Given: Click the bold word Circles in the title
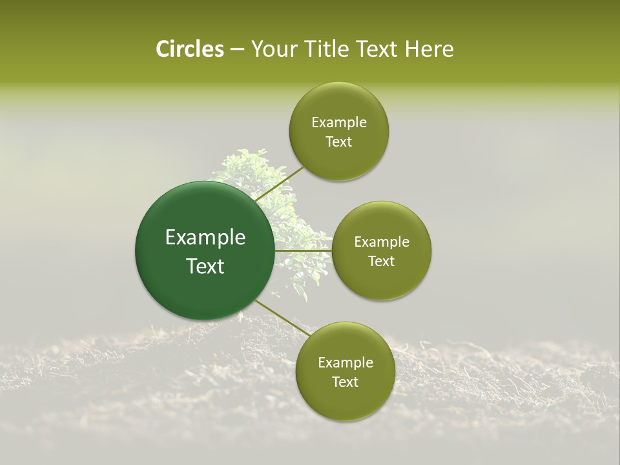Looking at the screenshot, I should tap(190, 49).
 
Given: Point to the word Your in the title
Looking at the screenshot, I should tap(272, 49).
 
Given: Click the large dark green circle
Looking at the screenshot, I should tap(205, 251).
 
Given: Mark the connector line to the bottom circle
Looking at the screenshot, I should tap(283, 318).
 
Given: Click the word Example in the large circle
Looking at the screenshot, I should tap(205, 238).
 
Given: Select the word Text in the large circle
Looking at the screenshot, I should tap(205, 266).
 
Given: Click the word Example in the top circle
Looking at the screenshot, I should tap(339, 123).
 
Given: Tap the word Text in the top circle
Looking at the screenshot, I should tap(338, 142).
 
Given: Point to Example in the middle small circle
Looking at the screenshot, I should tap(382, 242).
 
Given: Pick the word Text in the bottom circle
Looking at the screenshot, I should tap(345, 382).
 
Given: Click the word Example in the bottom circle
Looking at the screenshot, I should tap(346, 363).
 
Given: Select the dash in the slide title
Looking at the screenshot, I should tap(237, 50).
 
